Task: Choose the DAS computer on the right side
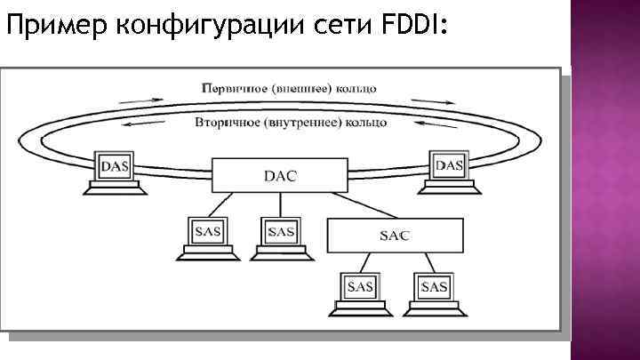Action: (x=447, y=171)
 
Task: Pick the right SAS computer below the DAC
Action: (x=279, y=236)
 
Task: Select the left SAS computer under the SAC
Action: (x=360, y=291)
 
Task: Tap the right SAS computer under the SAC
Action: (x=434, y=291)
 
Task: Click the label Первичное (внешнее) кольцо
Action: (x=290, y=89)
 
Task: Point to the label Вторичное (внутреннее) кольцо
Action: (x=290, y=122)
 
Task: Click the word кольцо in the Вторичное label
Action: (x=365, y=122)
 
